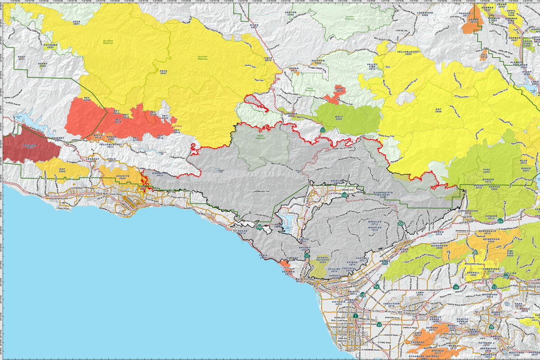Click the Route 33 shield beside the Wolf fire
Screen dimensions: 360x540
[x=322, y=130]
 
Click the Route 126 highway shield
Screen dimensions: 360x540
[x=400, y=223]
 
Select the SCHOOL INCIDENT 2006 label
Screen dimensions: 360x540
[x=322, y=260]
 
